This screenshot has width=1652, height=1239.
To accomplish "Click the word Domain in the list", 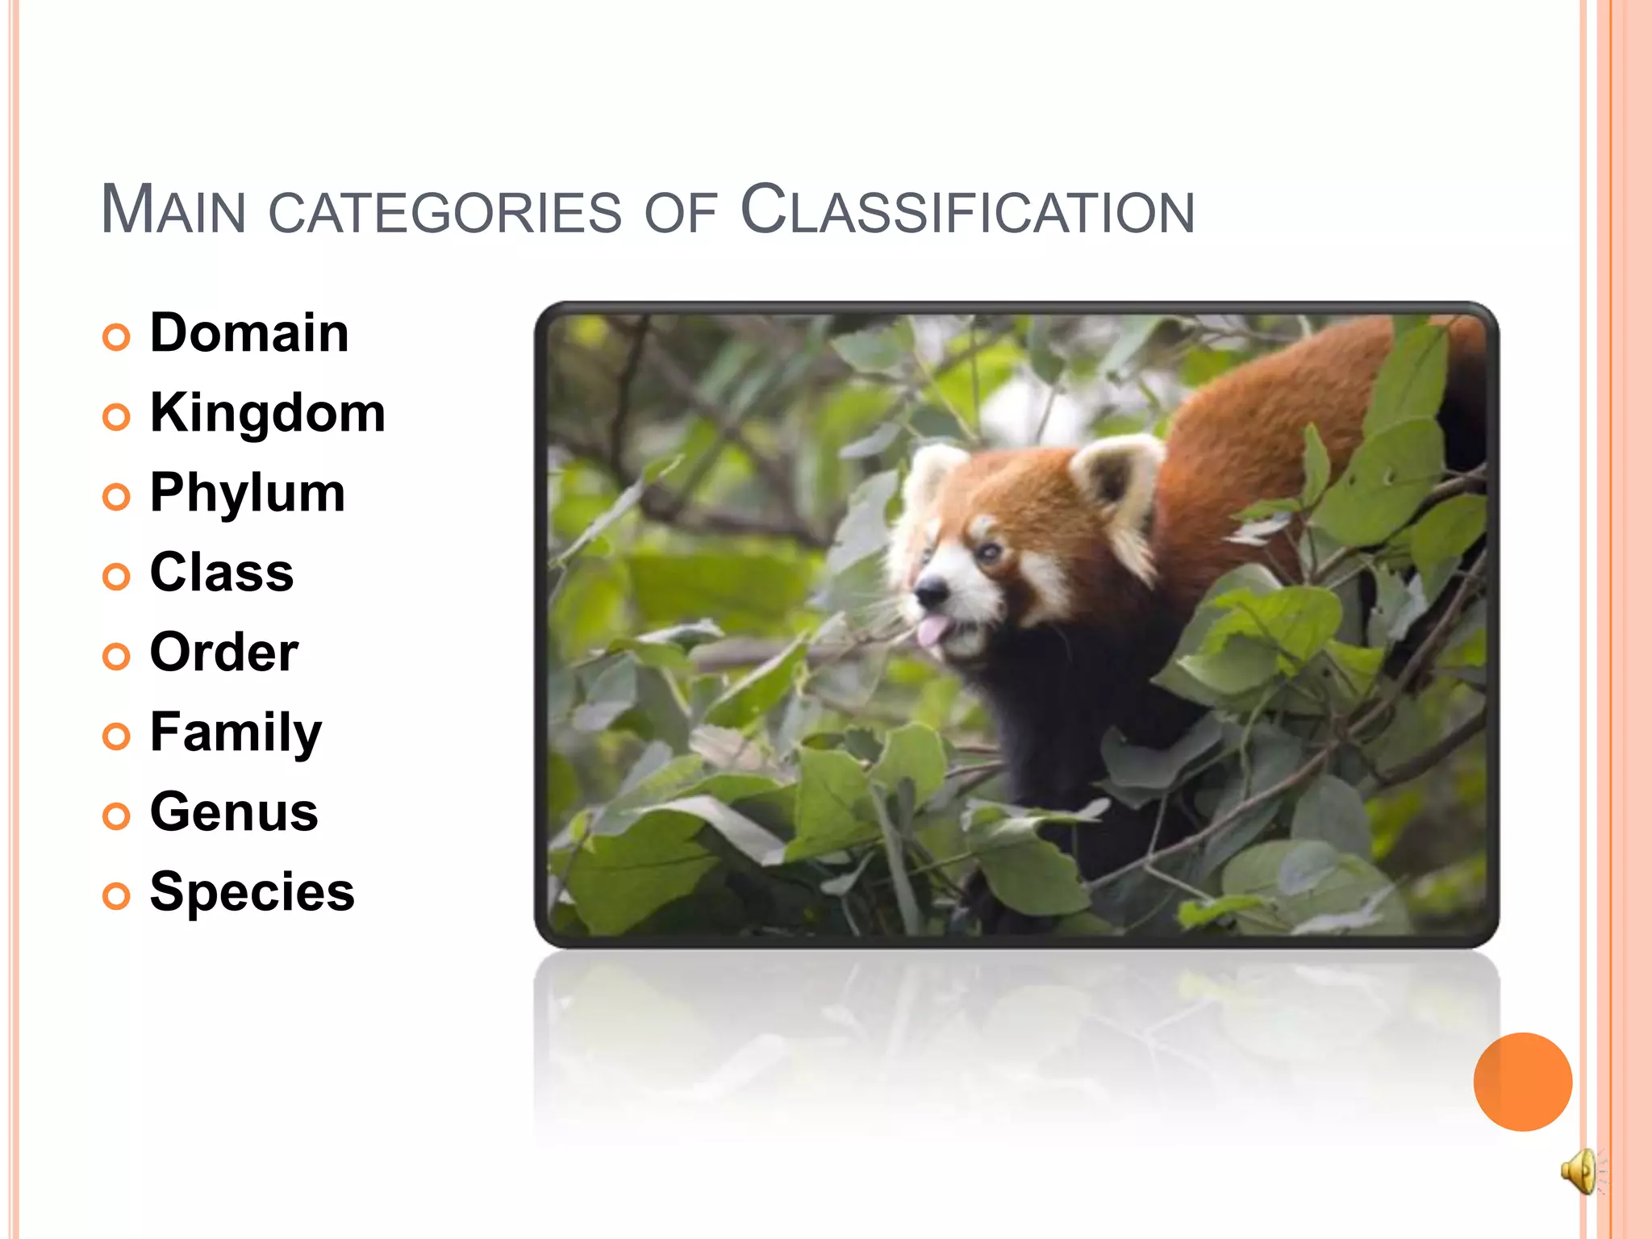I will tap(249, 333).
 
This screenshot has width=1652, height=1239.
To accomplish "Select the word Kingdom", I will tap(268, 413).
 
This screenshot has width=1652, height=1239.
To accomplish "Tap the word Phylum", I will tap(248, 493).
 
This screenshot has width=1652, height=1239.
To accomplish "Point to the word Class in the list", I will tap(222, 573).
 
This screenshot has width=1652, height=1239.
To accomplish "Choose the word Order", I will tap(224, 653).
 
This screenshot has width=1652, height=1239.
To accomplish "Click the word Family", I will tap(236, 732).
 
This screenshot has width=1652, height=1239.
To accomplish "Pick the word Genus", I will tap(234, 812).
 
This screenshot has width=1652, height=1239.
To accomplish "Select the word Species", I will tap(252, 892).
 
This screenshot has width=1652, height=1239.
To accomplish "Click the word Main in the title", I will tap(173, 210).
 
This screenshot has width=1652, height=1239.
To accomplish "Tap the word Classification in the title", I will tap(967, 210).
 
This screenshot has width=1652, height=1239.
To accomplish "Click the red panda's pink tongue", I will tap(933, 631).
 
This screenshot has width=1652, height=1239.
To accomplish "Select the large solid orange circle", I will tap(1522, 1082).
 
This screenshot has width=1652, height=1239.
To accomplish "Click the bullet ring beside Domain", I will tap(116, 337).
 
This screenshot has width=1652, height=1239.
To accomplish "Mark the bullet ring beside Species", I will tap(116, 896).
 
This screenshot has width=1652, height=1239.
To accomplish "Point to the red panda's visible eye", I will tap(987, 553).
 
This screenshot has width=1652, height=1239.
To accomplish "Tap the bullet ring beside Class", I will tap(116, 577).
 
